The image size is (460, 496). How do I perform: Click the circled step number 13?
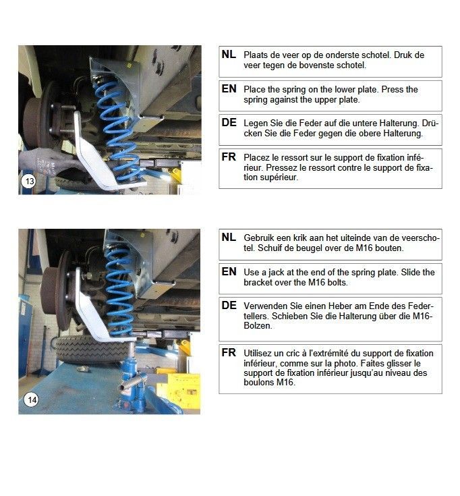(x=29, y=182)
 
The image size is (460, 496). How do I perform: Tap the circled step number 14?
(x=32, y=399)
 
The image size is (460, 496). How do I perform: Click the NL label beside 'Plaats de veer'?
(x=229, y=55)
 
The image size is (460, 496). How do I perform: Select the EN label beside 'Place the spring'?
(x=229, y=89)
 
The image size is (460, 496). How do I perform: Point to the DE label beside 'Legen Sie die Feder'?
(x=229, y=123)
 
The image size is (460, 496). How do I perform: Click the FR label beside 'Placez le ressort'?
(x=229, y=157)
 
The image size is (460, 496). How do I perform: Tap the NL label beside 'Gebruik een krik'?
(x=229, y=238)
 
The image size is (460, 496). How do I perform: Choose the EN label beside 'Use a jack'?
(x=229, y=272)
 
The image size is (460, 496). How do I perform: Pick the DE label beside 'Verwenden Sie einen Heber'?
(x=229, y=306)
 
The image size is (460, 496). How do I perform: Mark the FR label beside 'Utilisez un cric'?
(x=229, y=353)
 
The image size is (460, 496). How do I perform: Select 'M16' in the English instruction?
(x=317, y=282)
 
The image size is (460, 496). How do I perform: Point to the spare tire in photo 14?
(x=92, y=350)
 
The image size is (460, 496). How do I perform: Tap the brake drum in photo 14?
(x=55, y=291)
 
